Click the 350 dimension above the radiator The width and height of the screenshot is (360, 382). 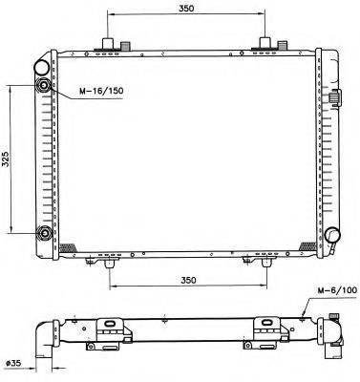coord(186,9)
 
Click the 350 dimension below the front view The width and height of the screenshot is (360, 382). coord(188,280)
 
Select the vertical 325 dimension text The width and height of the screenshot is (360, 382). coord(7,159)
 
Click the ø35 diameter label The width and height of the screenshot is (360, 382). coord(13,363)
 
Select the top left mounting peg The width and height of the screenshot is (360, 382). coord(109,44)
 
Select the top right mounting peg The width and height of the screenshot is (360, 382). coord(265,44)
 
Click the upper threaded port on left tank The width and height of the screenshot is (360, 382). coord(44,87)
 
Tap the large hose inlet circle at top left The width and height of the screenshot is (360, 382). coord(43,67)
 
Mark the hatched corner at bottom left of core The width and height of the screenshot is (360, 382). coord(68,246)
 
